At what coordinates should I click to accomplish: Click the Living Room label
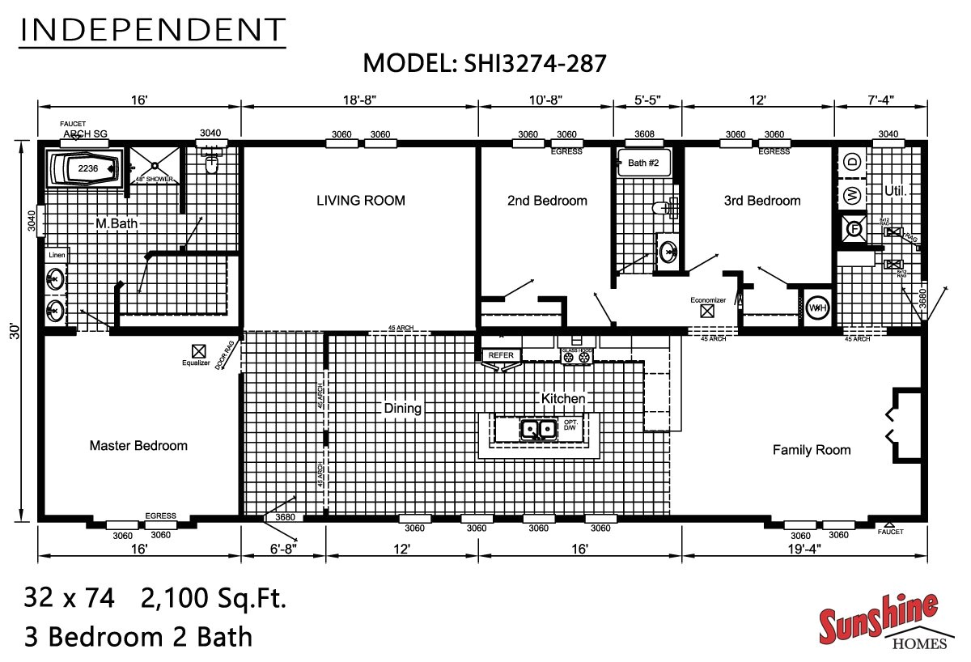click(360, 201)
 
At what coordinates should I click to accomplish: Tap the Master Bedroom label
click(138, 445)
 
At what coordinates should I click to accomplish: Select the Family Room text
click(812, 450)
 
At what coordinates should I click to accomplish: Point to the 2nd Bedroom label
click(547, 201)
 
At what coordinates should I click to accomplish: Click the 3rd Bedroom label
click(761, 201)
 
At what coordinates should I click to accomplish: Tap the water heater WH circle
click(816, 308)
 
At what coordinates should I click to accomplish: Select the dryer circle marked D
click(851, 162)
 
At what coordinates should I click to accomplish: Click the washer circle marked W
click(851, 195)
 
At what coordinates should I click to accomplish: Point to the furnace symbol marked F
click(851, 228)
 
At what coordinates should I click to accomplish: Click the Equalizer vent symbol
click(197, 350)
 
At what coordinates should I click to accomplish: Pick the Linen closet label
click(57, 255)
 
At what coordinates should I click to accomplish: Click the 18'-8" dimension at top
click(359, 100)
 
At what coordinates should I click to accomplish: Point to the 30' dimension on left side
click(14, 332)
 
